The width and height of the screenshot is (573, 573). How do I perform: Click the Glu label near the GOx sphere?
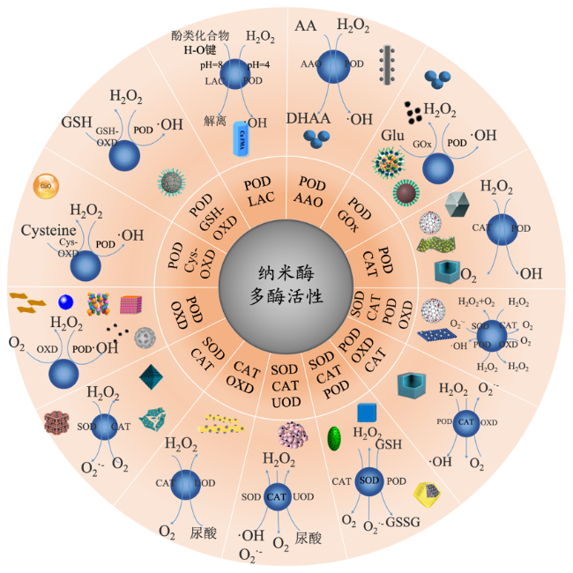(x=392, y=136)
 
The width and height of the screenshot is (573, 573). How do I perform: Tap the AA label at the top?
(x=306, y=25)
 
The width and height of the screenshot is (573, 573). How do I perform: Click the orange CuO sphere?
(x=43, y=186)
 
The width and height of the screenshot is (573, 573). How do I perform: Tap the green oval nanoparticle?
(x=335, y=438)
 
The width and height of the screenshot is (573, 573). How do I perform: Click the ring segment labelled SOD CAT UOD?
(x=284, y=385)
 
